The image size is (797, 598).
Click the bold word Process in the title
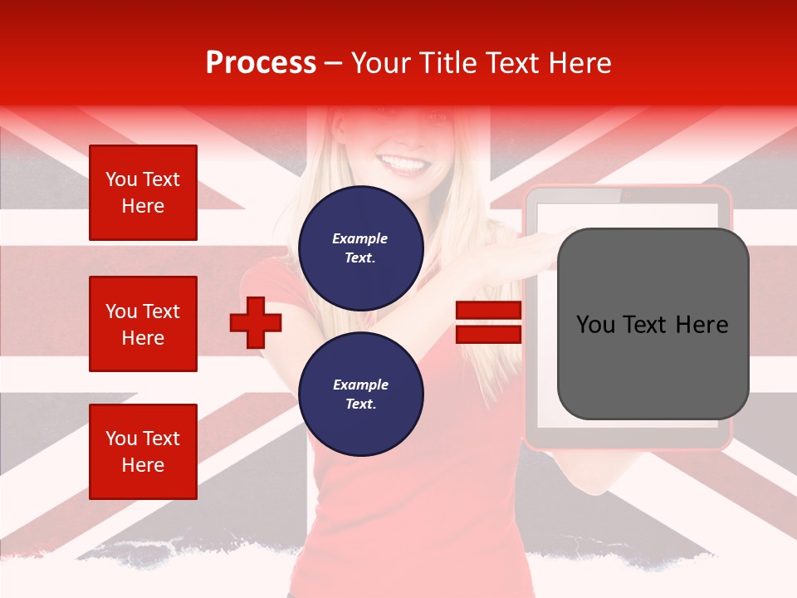pyautogui.click(x=261, y=63)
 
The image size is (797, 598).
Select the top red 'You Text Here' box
pyautogui.click(x=143, y=193)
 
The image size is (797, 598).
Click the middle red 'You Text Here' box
pyautogui.click(x=143, y=324)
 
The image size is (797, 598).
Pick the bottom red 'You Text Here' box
pyautogui.click(x=143, y=452)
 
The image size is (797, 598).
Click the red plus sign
pyautogui.click(x=256, y=322)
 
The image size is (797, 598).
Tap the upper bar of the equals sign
pyautogui.click(x=488, y=311)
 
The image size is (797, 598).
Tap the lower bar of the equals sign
pyautogui.click(x=488, y=334)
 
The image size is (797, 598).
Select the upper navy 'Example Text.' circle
pyautogui.click(x=360, y=248)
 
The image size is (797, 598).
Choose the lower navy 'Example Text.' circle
pyautogui.click(x=360, y=395)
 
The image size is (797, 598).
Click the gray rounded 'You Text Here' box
pyautogui.click(x=653, y=324)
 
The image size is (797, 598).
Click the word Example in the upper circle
pyautogui.click(x=360, y=239)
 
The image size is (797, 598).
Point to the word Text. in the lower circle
pyautogui.click(x=360, y=404)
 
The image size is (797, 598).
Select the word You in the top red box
pyautogui.click(x=120, y=179)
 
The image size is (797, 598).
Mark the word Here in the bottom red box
pyautogui.click(x=143, y=465)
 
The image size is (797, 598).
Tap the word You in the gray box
pyautogui.click(x=595, y=325)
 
